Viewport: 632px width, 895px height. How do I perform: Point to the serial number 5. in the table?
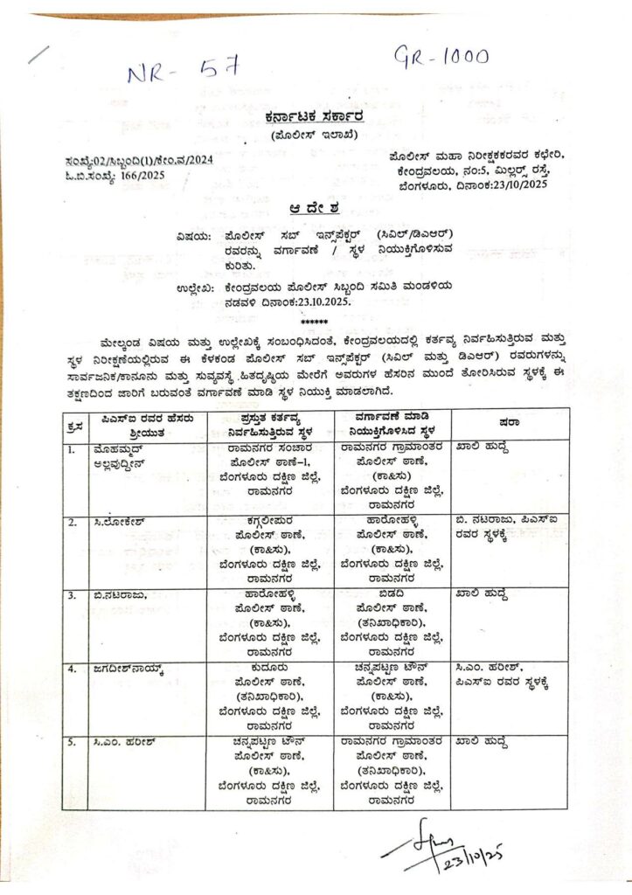pyautogui.click(x=72, y=743)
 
